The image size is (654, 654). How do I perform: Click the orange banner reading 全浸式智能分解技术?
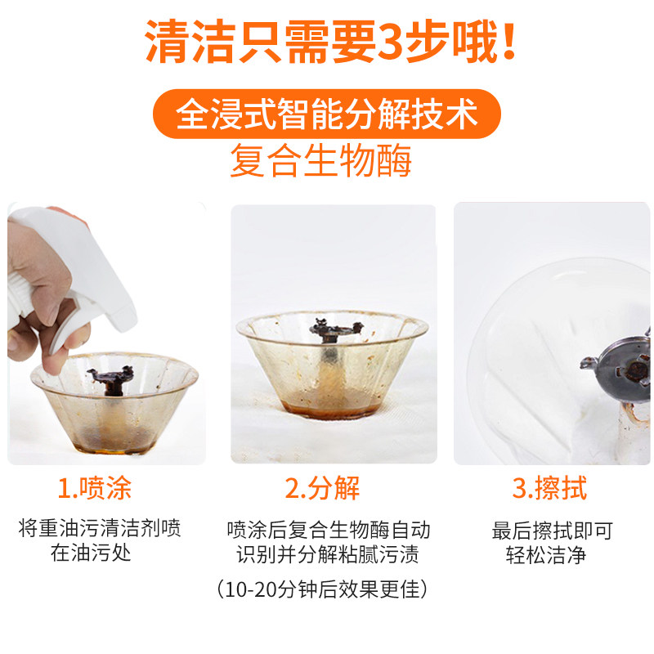click(x=327, y=114)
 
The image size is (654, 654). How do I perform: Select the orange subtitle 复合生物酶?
click(x=320, y=161)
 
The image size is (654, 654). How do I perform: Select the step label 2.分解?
click(x=322, y=489)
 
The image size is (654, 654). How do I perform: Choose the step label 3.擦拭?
click(x=549, y=489)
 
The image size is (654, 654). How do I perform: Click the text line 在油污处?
click(x=91, y=553)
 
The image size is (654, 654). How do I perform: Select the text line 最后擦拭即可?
click(x=552, y=530)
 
